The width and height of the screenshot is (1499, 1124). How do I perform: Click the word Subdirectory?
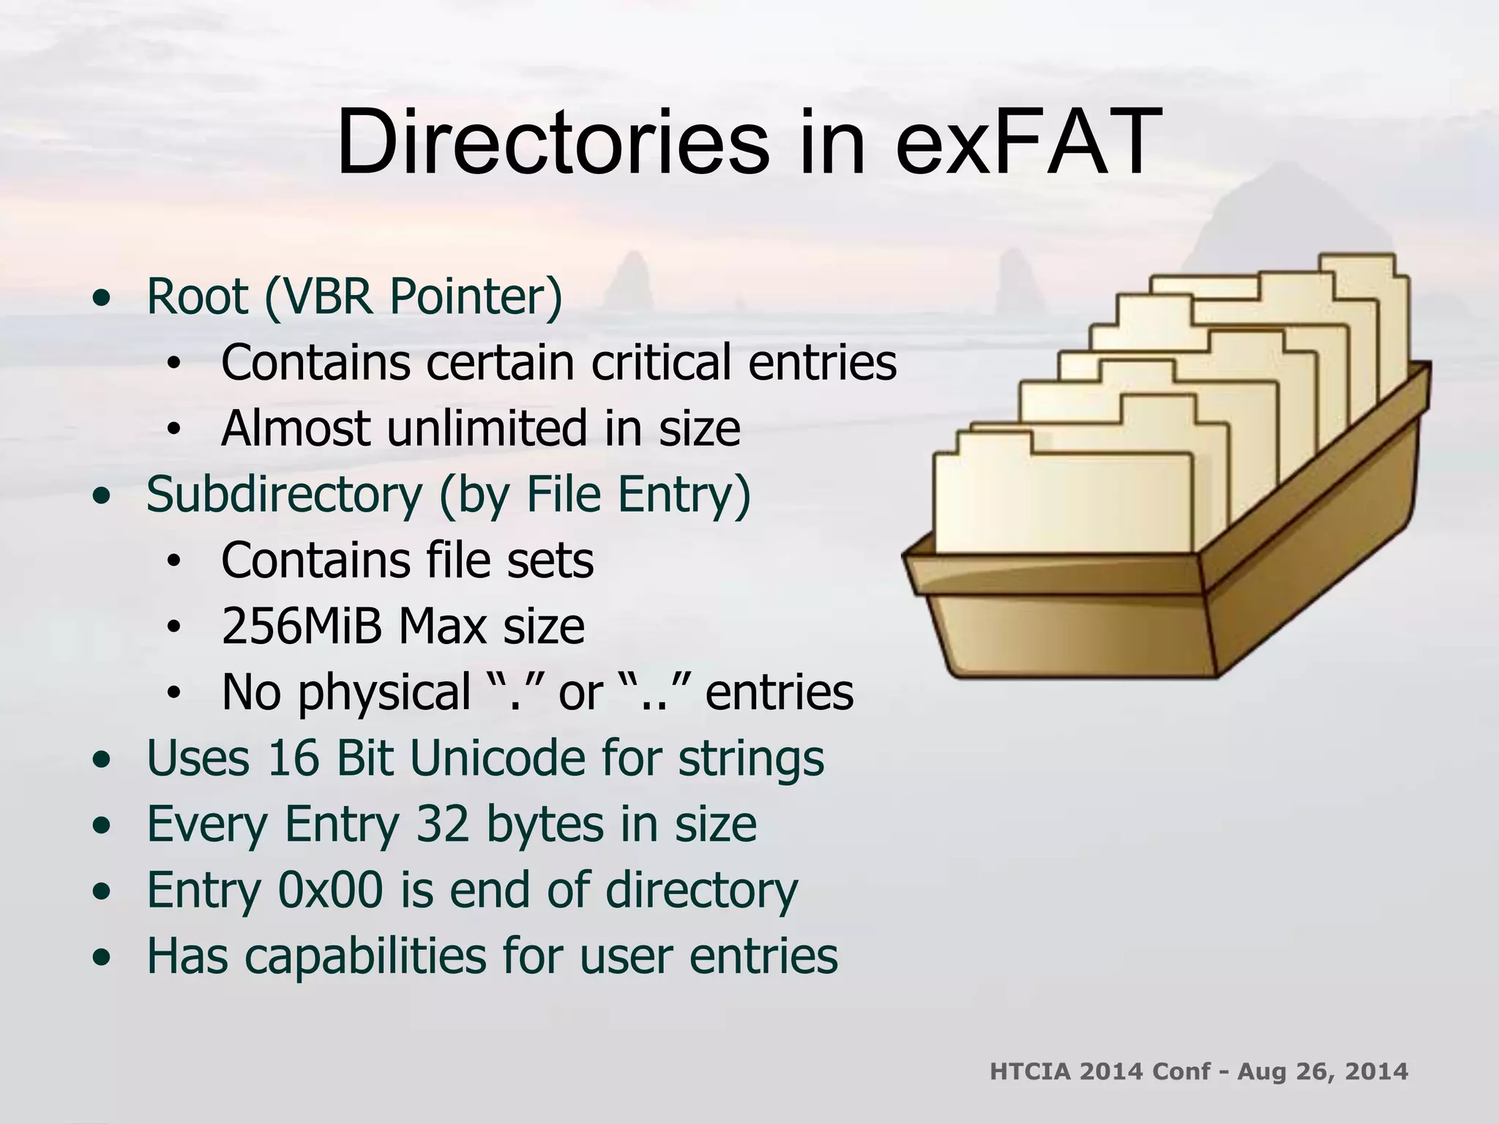click(284, 495)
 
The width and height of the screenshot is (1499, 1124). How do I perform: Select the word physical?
click(384, 692)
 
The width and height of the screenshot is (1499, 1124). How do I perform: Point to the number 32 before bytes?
click(443, 824)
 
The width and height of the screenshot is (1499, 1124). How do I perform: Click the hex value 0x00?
click(330, 890)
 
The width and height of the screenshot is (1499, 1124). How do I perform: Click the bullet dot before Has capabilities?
click(102, 956)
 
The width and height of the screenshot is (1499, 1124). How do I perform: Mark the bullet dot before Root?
click(102, 299)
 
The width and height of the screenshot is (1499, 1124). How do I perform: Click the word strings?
click(751, 759)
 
